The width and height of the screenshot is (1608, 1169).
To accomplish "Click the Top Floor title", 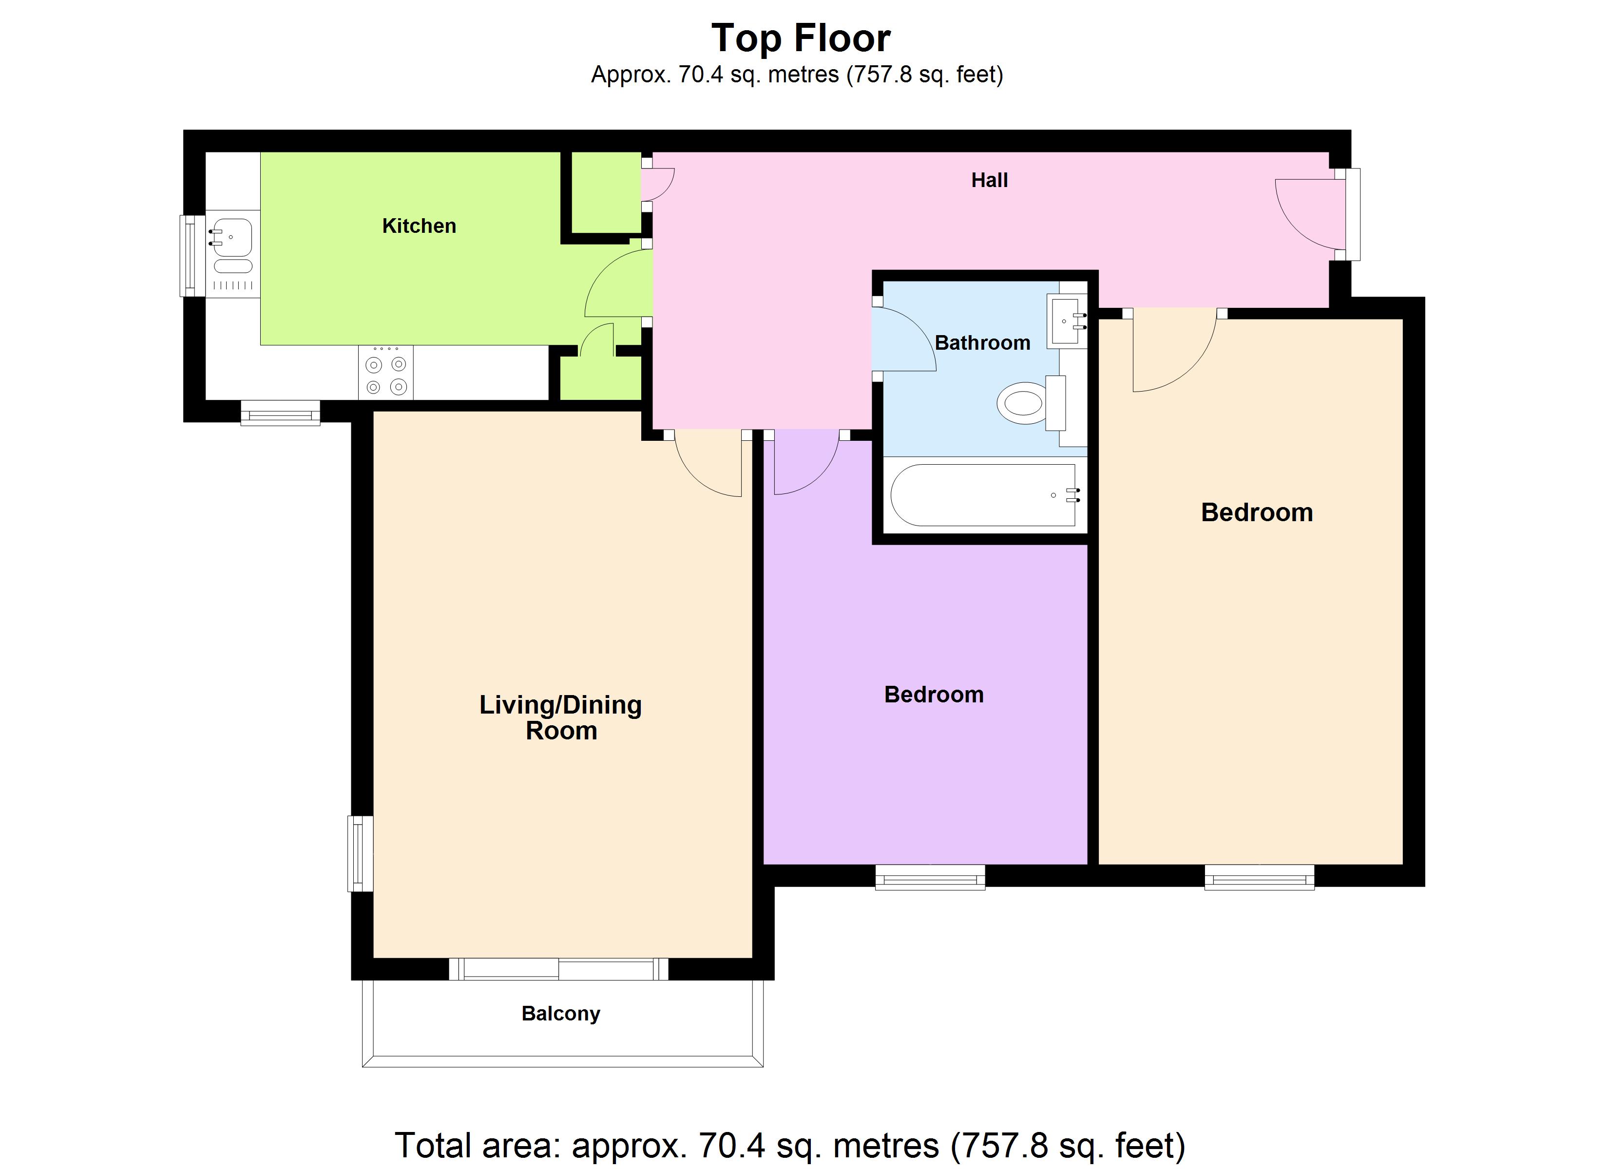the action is pyautogui.click(x=801, y=38).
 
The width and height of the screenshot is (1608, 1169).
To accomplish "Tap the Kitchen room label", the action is pyautogui.click(x=419, y=226).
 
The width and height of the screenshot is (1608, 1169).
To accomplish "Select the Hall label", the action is pyautogui.click(x=989, y=180).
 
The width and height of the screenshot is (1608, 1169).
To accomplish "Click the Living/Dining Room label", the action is pyautogui.click(x=561, y=717).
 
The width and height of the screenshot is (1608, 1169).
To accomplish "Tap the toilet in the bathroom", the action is pyautogui.click(x=1032, y=403).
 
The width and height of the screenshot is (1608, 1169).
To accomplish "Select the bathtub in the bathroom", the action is pyautogui.click(x=985, y=495).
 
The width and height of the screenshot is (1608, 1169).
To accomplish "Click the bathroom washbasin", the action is pyautogui.click(x=1067, y=322).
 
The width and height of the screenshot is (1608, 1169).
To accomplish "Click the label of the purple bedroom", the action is pyautogui.click(x=934, y=695).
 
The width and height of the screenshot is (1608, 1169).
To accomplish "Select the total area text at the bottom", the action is pyautogui.click(x=790, y=1146).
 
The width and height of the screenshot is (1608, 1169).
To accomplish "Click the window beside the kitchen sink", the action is pyautogui.click(x=188, y=255).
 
